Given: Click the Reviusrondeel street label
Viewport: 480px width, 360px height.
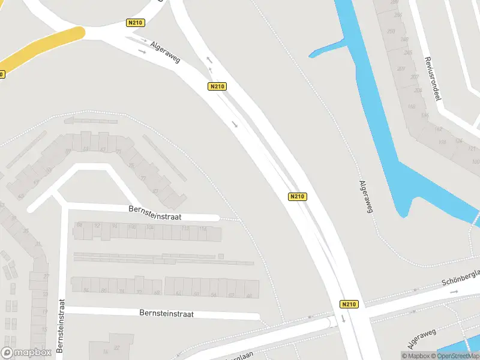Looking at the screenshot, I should click(433, 78).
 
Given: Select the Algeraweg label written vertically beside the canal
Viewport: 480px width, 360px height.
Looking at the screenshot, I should click(362, 199).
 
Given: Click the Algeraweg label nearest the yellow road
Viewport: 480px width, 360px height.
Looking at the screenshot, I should click(166, 53).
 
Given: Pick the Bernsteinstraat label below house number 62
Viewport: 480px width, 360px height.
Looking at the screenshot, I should click(166, 313).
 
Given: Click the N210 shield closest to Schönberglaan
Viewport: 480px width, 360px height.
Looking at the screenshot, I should click(349, 304).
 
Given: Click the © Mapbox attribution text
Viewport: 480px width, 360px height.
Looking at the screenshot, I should click(416, 356).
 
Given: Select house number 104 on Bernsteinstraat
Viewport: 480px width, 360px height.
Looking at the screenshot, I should click(150, 227).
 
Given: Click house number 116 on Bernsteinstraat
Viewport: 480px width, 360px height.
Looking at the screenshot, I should click(203, 229).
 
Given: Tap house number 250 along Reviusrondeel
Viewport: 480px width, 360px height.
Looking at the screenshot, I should click(391, 31).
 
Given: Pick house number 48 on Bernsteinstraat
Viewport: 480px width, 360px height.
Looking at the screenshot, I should click(157, 292).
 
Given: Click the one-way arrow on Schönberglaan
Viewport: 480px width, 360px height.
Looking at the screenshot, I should click(454, 292).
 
